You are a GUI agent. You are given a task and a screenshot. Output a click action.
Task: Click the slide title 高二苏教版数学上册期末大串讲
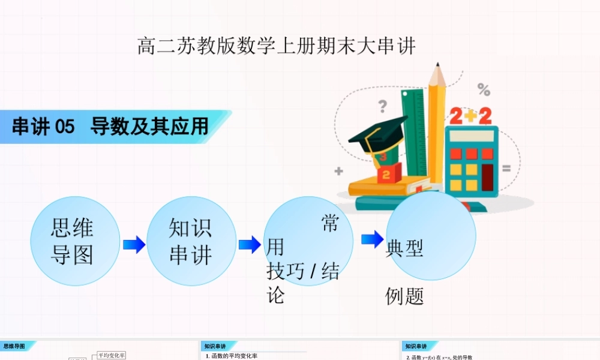click(276, 46)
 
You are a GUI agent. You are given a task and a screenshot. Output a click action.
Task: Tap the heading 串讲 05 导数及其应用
click(110, 127)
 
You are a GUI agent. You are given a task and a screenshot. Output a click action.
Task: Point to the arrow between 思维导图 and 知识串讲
click(134, 244)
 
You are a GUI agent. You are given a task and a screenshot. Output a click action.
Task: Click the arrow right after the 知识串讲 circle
click(249, 244)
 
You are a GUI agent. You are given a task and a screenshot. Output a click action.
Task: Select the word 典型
click(404, 247)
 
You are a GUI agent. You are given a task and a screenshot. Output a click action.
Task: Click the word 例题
click(404, 296)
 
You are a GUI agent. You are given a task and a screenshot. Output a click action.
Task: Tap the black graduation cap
click(376, 134)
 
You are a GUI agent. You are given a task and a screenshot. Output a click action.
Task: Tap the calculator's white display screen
click(471, 136)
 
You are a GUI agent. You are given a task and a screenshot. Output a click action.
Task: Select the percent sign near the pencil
click(484, 90)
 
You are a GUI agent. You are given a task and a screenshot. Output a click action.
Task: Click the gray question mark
click(382, 107)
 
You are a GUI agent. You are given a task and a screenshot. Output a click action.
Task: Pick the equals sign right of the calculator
click(506, 169)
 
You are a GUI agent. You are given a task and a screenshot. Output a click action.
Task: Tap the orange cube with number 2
click(386, 175)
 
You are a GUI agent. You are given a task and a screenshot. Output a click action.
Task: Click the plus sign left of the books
click(338, 171)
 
